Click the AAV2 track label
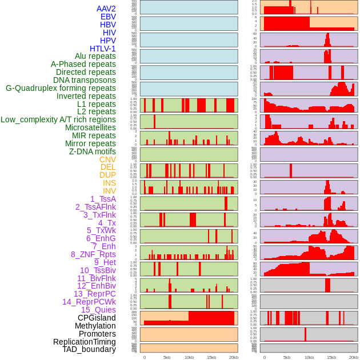click(106, 9)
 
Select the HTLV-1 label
click(102, 49)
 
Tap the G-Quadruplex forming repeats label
click(61, 88)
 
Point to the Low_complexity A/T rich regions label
click(58, 119)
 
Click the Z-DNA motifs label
click(92, 151)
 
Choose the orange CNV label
click(107, 159)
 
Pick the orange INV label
click(109, 191)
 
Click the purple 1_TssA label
click(103, 199)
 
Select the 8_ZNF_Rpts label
click(93, 254)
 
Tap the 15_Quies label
click(98, 310)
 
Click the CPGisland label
click(97, 318)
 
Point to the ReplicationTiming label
click(84, 342)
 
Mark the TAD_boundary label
click(89, 349)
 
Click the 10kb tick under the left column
click(189, 357)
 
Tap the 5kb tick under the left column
click(167, 357)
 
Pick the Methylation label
click(91, 326)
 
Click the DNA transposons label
click(85, 80)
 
